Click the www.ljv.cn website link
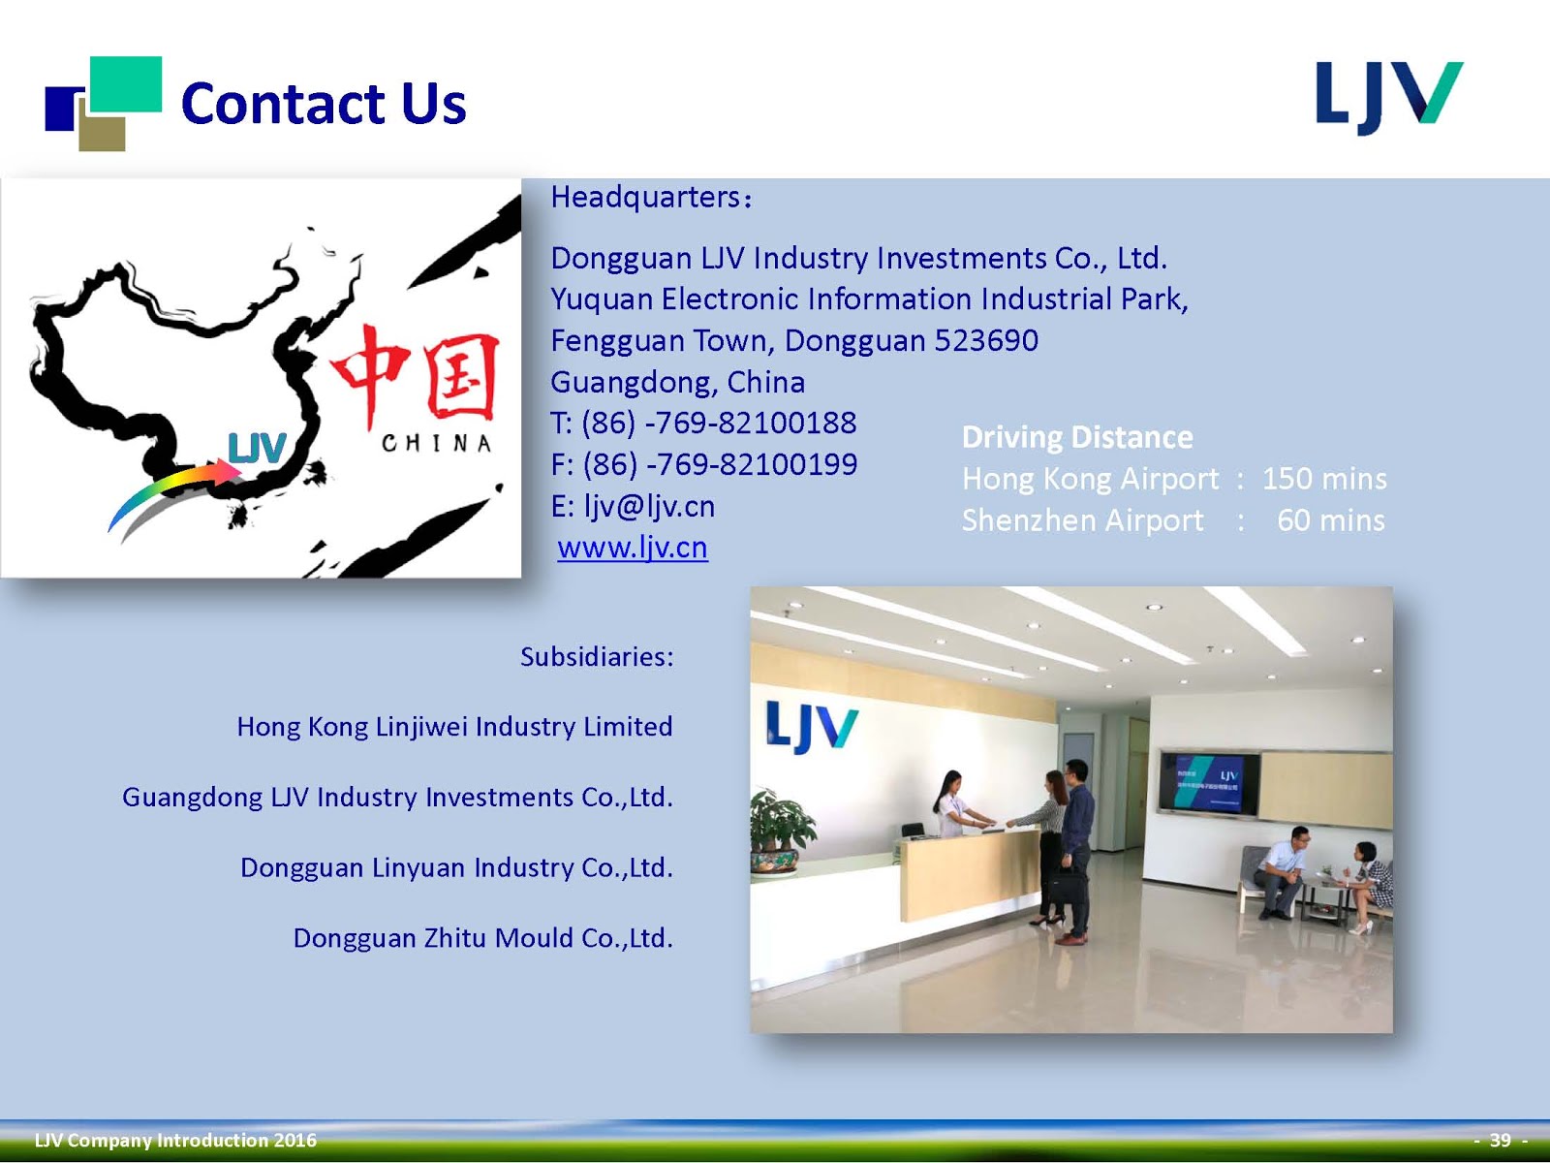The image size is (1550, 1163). click(633, 548)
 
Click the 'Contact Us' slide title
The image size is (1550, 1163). click(324, 104)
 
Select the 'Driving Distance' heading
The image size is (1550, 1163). click(1077, 437)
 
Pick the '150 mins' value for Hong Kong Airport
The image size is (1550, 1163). click(1324, 479)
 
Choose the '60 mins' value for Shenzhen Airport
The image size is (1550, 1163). click(1331, 520)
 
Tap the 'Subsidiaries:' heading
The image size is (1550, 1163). click(597, 657)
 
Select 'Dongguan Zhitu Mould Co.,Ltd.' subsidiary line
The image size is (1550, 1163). click(482, 938)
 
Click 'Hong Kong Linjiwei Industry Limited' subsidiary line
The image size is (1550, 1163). click(454, 727)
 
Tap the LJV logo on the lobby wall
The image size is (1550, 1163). click(811, 727)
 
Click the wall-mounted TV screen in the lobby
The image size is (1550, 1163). click(1209, 783)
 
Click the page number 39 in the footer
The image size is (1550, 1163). click(1500, 1140)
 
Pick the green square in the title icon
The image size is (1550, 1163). click(126, 82)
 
